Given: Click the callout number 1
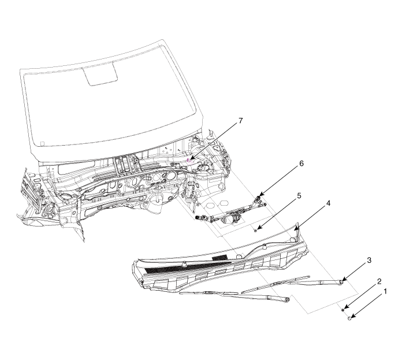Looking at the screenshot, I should click(x=385, y=292).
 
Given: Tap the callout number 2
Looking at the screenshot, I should click(x=379, y=281).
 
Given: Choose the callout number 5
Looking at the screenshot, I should click(x=299, y=195).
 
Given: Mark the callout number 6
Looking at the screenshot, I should click(x=301, y=164).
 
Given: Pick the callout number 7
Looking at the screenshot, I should click(x=241, y=120).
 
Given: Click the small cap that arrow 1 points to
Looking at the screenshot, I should click(x=349, y=318).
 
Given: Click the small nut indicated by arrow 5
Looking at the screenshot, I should click(x=255, y=229).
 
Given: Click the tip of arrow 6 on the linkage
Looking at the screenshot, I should click(x=259, y=196).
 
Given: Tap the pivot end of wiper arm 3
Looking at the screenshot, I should click(x=342, y=281).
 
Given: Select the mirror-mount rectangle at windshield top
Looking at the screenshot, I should click(x=100, y=75).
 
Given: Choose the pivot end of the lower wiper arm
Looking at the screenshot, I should click(x=286, y=299).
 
